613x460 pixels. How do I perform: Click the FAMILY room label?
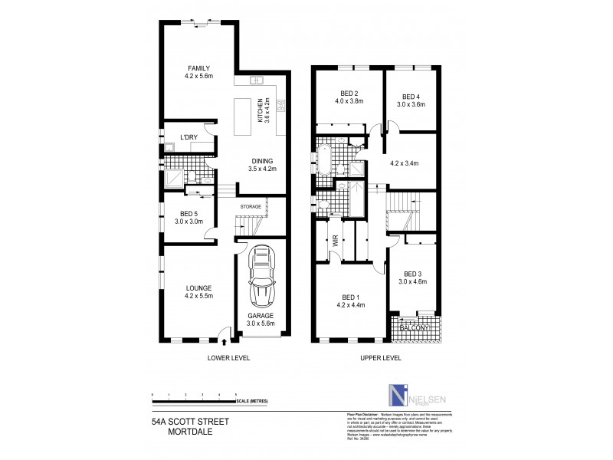coord(188,68)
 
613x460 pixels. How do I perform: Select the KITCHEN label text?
coord(261,111)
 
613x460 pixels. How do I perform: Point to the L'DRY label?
coord(188,137)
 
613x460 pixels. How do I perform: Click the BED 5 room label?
coord(188,214)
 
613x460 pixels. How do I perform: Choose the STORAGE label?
coord(251,206)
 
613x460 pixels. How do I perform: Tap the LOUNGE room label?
coord(198,288)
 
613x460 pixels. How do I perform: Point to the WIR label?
coord(333,239)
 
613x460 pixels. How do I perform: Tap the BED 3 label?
coord(412,274)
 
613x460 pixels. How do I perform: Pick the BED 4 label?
coord(411,96)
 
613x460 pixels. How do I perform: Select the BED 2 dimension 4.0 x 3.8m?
coord(348,101)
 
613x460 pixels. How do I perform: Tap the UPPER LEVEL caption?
coord(382,358)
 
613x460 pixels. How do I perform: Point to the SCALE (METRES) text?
coord(252,401)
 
